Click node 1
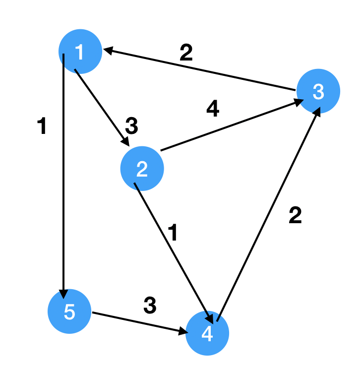tap(80, 51)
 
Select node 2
tap(142, 169)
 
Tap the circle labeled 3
tap(318, 91)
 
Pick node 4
tap(207, 334)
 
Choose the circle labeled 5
tap(69, 312)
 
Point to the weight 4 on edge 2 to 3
tap(212, 110)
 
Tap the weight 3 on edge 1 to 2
tap(131, 127)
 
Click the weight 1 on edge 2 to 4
tap(172, 234)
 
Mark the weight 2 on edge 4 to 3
tap(295, 216)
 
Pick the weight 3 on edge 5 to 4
tap(150, 306)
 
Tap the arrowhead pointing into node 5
tap(63, 293)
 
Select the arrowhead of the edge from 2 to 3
tap(300, 102)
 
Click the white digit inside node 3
tap(318, 91)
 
